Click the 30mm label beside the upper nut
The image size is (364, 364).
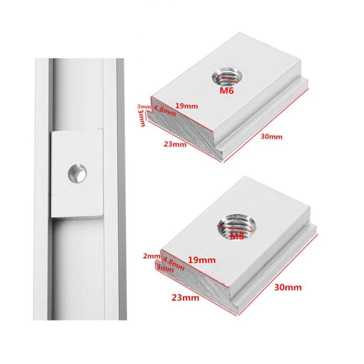point(272,136)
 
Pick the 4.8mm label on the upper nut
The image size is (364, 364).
point(164,110)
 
